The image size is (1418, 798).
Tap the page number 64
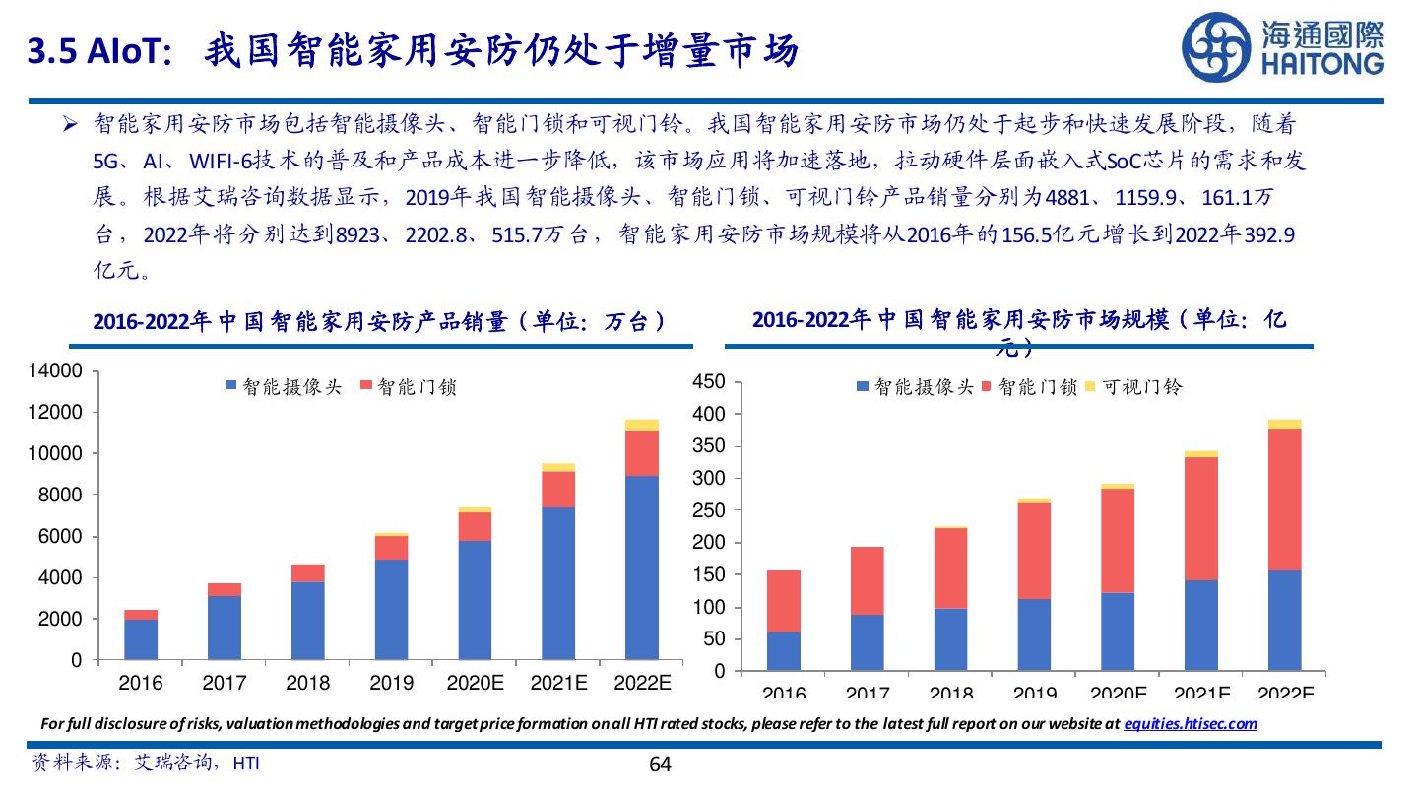click(x=660, y=765)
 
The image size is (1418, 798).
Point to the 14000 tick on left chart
click(x=60, y=371)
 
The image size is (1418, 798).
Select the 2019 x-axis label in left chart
click(x=392, y=683)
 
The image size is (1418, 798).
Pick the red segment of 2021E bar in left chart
click(x=558, y=490)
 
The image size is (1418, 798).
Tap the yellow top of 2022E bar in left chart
click(x=642, y=425)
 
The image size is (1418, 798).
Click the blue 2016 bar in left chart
click(x=141, y=639)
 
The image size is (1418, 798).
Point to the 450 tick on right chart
click(x=710, y=382)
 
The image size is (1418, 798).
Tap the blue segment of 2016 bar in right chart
click(x=784, y=651)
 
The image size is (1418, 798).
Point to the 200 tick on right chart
click(x=710, y=543)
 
